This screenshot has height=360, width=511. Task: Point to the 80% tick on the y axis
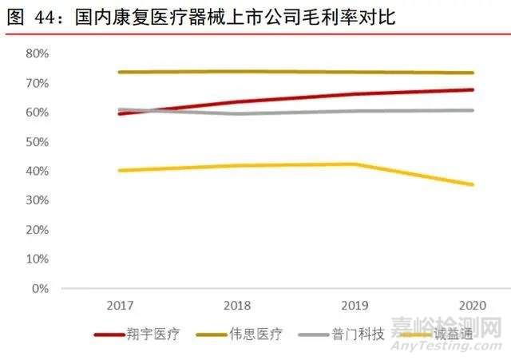click(37, 54)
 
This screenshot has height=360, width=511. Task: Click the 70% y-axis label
click(37, 84)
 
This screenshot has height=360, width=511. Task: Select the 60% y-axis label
click(37, 113)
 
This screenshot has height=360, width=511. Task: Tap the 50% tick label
click(37, 142)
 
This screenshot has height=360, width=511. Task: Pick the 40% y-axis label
click(37, 172)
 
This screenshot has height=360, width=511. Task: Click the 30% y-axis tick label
click(37, 200)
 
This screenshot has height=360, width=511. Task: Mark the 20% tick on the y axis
click(37, 230)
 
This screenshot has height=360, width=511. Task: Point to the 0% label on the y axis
click(40, 288)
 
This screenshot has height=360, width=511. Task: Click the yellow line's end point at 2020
click(473, 184)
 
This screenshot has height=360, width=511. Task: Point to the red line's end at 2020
click(473, 90)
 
